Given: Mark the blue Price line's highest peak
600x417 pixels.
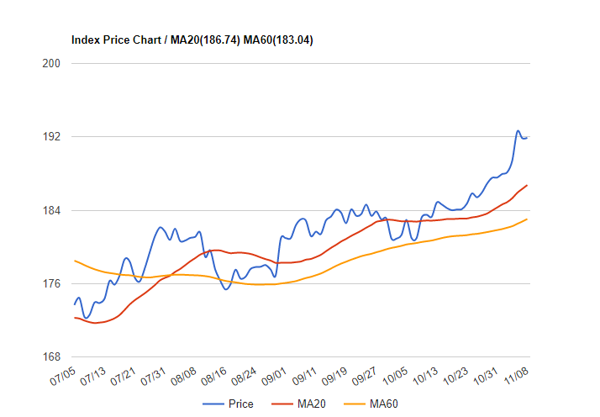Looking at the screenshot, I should point(518,131).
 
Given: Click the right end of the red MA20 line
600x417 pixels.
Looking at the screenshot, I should point(527,185).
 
